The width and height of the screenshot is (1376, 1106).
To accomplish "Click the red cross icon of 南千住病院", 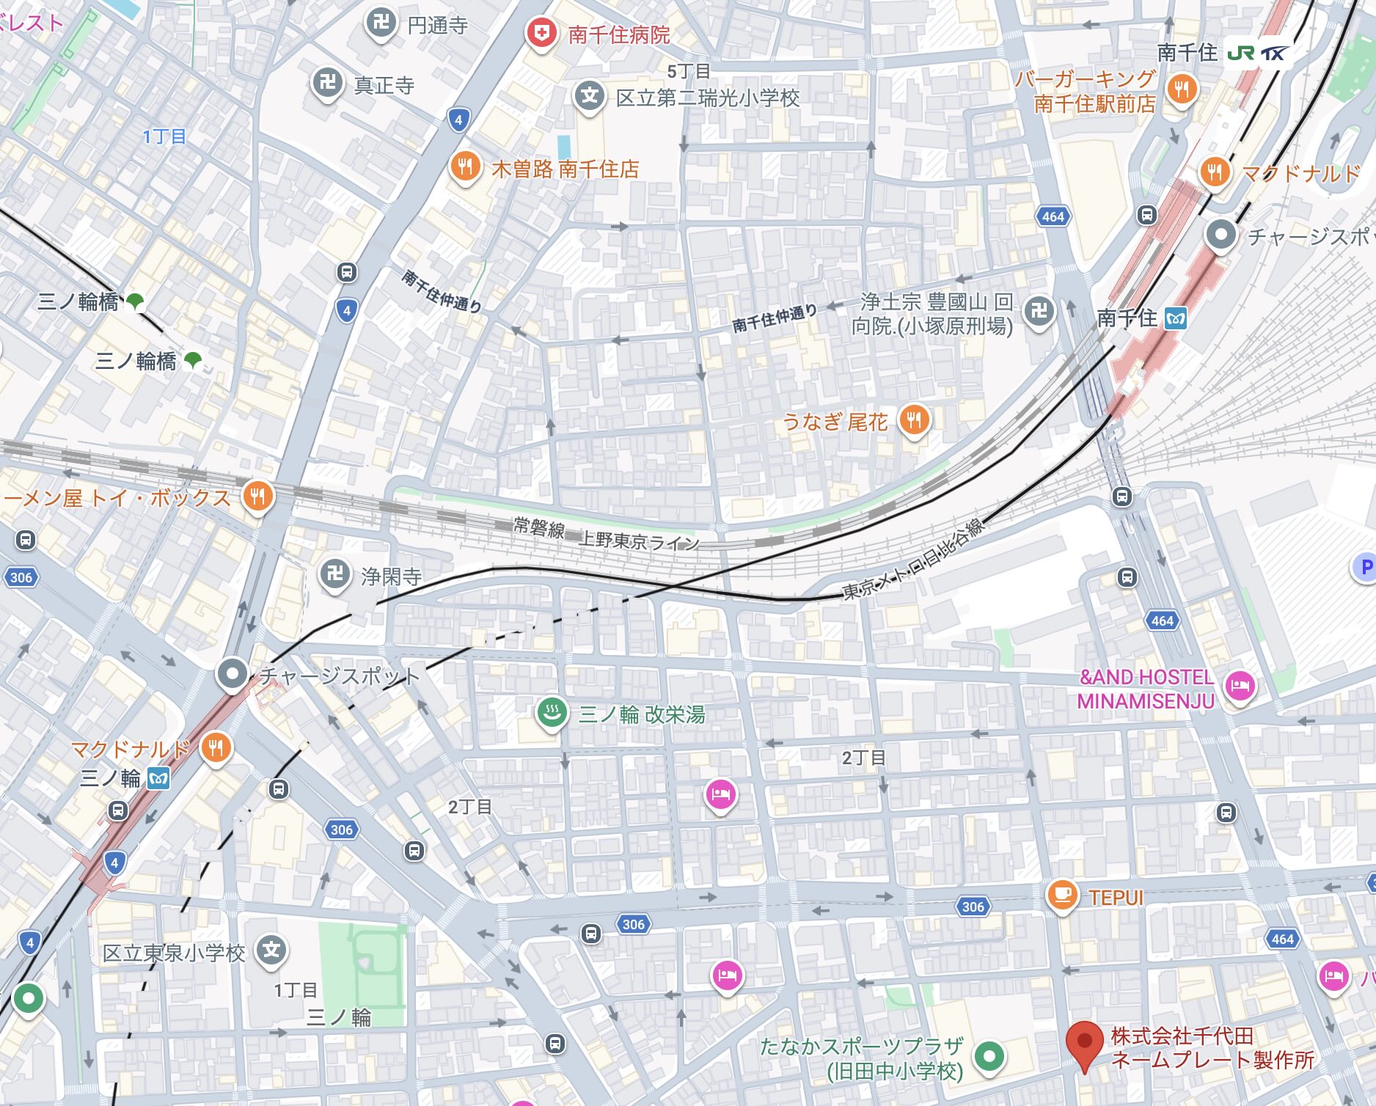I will pyautogui.click(x=541, y=32).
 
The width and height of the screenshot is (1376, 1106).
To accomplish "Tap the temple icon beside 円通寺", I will pyautogui.click(x=381, y=23).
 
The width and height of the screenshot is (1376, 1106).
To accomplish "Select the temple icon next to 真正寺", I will pyautogui.click(x=327, y=83).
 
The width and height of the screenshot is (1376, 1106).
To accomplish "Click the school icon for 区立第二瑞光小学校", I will pyautogui.click(x=589, y=96).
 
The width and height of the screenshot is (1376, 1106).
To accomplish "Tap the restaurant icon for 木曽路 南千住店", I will pyautogui.click(x=465, y=166).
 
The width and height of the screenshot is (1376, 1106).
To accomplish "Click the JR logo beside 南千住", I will pyautogui.click(x=1241, y=53).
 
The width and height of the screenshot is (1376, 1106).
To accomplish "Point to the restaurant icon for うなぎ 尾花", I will pyautogui.click(x=914, y=420).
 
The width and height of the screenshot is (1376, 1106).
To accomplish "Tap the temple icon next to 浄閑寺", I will pyautogui.click(x=336, y=574).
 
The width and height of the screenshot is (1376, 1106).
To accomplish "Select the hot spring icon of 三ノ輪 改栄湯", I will pyautogui.click(x=552, y=711).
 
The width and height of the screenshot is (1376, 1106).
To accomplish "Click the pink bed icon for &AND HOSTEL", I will pyautogui.click(x=1239, y=686).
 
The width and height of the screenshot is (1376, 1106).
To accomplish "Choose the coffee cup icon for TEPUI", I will pyautogui.click(x=1061, y=895).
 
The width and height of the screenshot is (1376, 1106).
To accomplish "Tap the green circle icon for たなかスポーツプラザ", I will pyautogui.click(x=989, y=1056).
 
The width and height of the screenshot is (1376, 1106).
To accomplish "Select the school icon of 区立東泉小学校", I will pyautogui.click(x=271, y=951).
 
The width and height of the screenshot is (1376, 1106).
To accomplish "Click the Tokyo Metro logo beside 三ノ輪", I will pyautogui.click(x=158, y=778).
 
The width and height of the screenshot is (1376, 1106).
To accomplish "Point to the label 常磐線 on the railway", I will pyautogui.click(x=538, y=527).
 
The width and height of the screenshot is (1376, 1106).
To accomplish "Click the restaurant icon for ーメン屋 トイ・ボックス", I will pyautogui.click(x=257, y=497).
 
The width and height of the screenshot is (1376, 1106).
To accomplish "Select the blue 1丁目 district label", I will pyautogui.click(x=164, y=136).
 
